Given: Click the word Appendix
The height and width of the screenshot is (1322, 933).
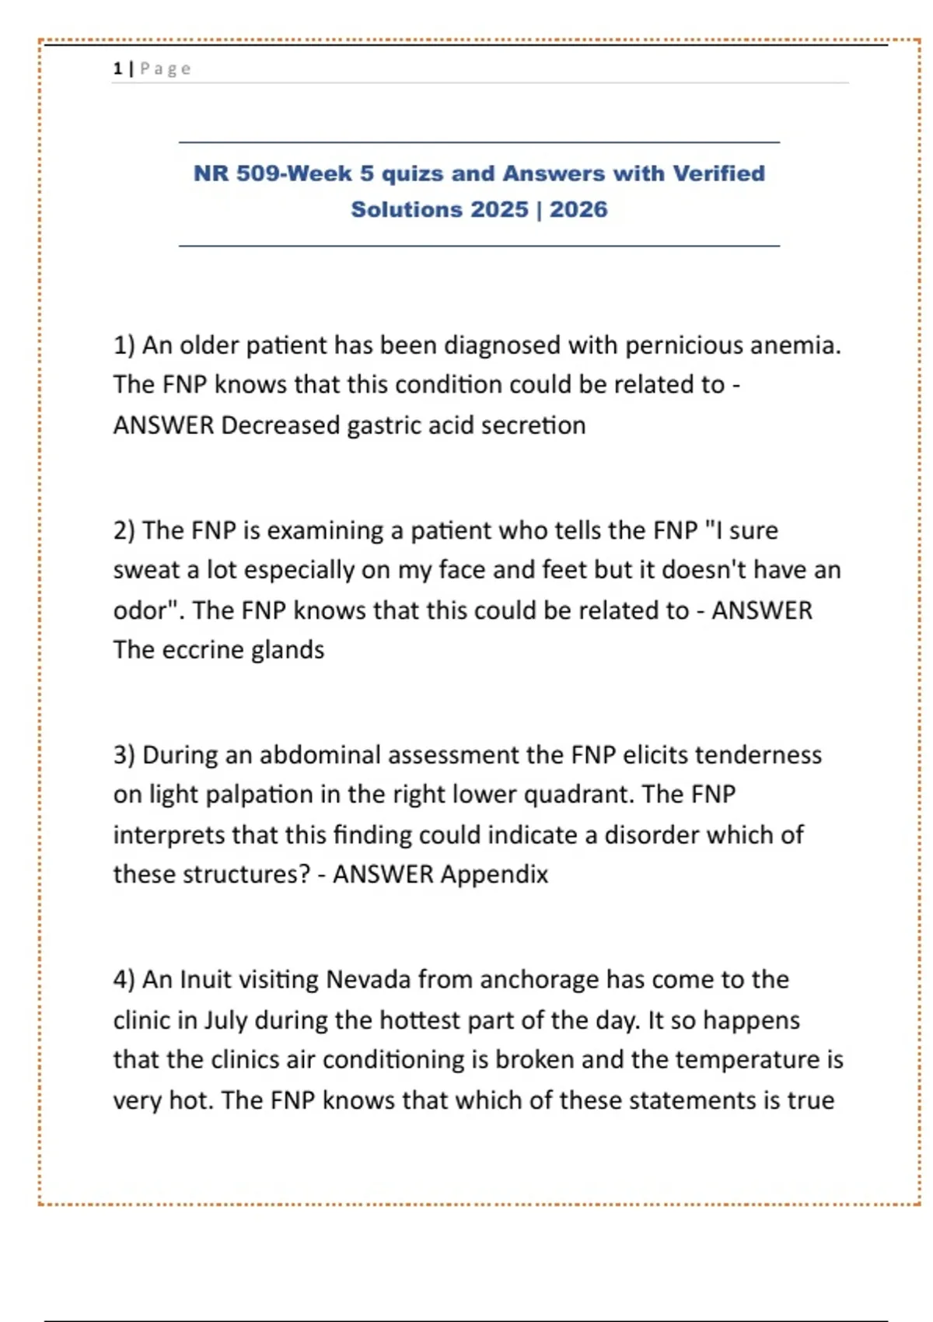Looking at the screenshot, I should (x=494, y=874).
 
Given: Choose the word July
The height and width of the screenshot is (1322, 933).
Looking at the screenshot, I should (x=225, y=1019).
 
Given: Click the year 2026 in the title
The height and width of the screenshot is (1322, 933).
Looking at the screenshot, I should (x=578, y=209).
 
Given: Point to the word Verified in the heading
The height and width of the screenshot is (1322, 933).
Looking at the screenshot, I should (x=718, y=173).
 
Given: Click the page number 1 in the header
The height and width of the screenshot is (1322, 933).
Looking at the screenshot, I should (x=117, y=68).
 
